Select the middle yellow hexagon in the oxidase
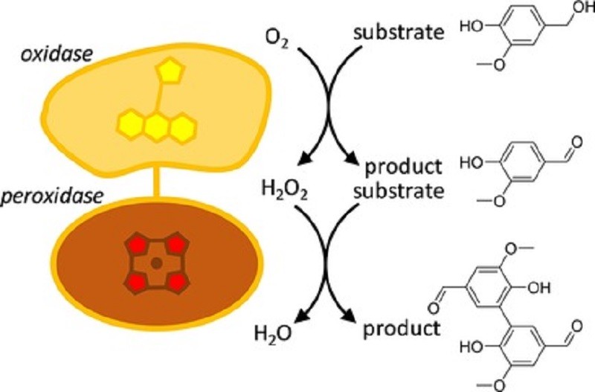click(155, 127)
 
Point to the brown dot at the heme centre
click(156, 263)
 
